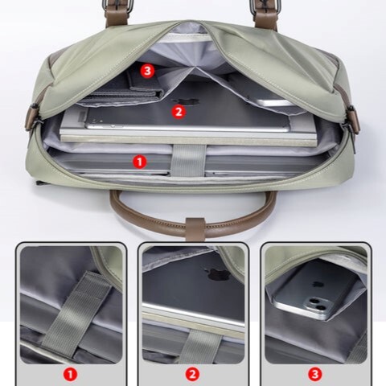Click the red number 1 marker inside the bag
click(139, 161)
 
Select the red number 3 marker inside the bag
click(147, 71)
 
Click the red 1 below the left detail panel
click(70, 373)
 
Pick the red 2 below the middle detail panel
click(192, 373)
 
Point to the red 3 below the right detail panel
click(314, 373)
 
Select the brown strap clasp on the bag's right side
click(351, 117)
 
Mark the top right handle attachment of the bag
click(266, 11)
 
